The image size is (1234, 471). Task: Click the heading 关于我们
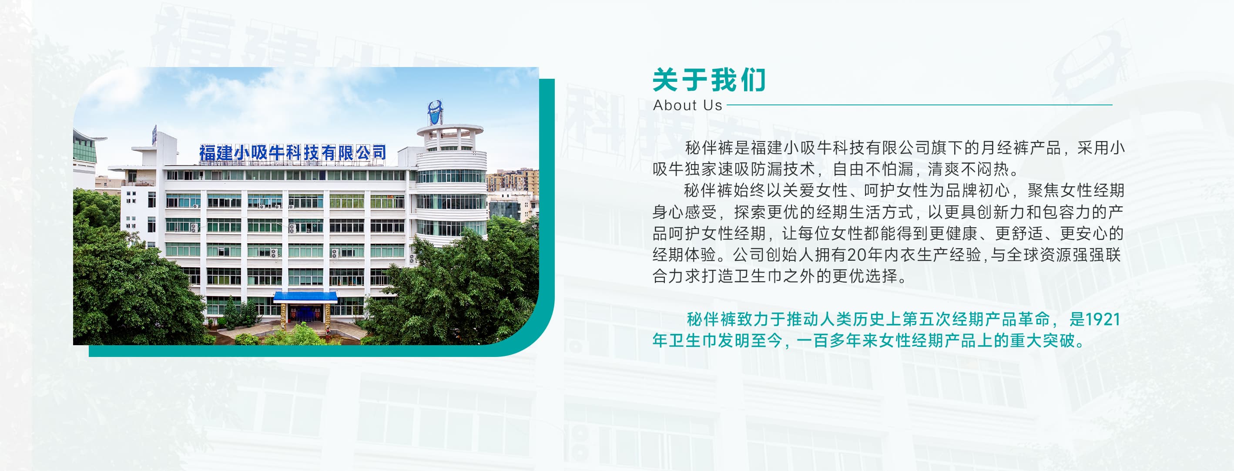pyautogui.click(x=709, y=80)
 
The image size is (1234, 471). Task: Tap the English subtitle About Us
pyautogui.click(x=687, y=105)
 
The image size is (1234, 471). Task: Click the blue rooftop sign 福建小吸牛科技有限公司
pyautogui.click(x=293, y=152)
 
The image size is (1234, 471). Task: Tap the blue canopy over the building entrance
pyautogui.click(x=305, y=296)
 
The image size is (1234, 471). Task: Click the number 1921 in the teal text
pyautogui.click(x=1102, y=320)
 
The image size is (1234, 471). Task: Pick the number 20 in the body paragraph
pyautogui.click(x=856, y=255)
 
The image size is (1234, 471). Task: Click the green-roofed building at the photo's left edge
pyautogui.click(x=84, y=148)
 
